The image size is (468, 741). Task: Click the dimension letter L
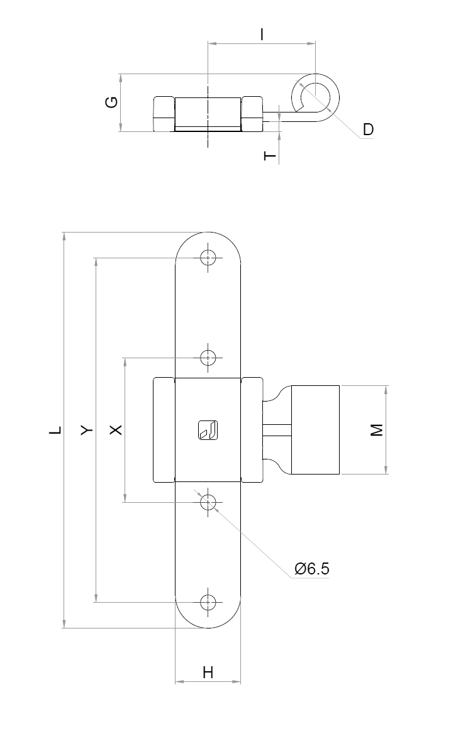click(x=57, y=430)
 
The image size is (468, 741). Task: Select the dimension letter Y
click(x=87, y=430)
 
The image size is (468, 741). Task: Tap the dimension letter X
click(x=116, y=430)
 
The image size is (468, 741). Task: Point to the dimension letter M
click(x=376, y=430)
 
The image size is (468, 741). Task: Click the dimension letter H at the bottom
click(x=208, y=672)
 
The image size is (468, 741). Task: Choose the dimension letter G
click(x=111, y=102)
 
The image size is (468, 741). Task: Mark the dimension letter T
click(x=270, y=155)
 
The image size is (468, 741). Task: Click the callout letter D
click(x=368, y=129)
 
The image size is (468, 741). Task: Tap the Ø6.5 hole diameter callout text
click(x=312, y=569)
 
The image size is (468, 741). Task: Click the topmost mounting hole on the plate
click(x=208, y=258)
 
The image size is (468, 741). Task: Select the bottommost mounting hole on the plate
click(x=208, y=602)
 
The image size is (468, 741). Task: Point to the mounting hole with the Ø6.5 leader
click(x=208, y=502)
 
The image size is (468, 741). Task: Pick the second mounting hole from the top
click(x=208, y=358)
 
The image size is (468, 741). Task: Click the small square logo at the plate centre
click(x=208, y=430)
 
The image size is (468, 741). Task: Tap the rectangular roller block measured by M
click(x=315, y=430)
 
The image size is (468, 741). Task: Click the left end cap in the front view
click(x=164, y=430)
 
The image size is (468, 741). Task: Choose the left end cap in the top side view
click(x=164, y=114)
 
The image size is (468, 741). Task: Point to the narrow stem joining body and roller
click(x=277, y=430)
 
